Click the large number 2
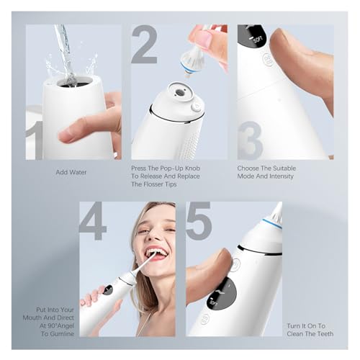(144, 45)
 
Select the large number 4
(93, 221)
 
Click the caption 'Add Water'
(73, 173)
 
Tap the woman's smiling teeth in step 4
(156, 255)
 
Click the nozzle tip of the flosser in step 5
(276, 210)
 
